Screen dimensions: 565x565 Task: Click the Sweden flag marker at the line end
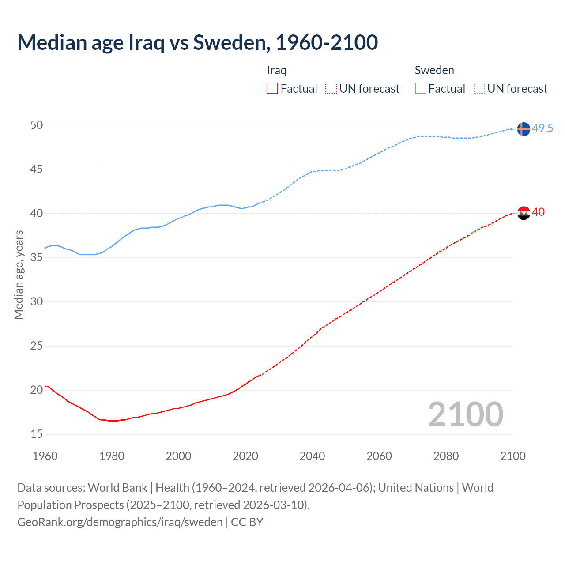pyautogui.click(x=523, y=129)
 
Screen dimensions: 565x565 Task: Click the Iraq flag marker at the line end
pyautogui.click(x=523, y=213)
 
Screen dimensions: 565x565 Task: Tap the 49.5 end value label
pyautogui.click(x=542, y=128)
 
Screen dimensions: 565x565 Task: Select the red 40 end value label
pyautogui.click(x=538, y=212)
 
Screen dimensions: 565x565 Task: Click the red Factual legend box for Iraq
pyautogui.click(x=272, y=89)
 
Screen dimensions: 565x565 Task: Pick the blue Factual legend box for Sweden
pyautogui.click(x=421, y=89)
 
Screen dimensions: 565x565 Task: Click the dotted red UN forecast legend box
pyautogui.click(x=331, y=89)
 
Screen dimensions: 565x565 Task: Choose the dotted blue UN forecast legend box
pyautogui.click(x=479, y=89)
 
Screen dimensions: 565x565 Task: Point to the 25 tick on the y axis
pyautogui.click(x=37, y=346)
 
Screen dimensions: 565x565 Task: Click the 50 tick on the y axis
pyautogui.click(x=37, y=125)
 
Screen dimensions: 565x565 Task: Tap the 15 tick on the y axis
pyautogui.click(x=37, y=434)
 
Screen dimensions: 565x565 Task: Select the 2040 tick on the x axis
pyautogui.click(x=312, y=456)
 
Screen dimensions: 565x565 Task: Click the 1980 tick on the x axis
pyautogui.click(x=112, y=456)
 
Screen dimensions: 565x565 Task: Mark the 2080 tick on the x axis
pyautogui.click(x=446, y=456)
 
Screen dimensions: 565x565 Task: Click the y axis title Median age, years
pyautogui.click(x=19, y=275)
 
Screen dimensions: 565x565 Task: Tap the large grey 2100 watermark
pyautogui.click(x=465, y=414)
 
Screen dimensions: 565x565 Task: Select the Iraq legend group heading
pyautogui.click(x=277, y=70)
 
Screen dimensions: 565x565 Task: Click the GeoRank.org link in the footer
pyautogui.click(x=120, y=522)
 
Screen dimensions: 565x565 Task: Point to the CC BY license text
pyautogui.click(x=247, y=522)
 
